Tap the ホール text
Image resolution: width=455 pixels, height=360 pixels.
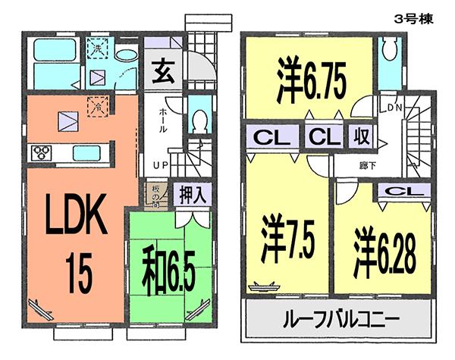(x=164, y=120)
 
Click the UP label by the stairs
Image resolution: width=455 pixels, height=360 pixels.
(x=162, y=164)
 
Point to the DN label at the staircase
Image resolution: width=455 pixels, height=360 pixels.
(x=394, y=107)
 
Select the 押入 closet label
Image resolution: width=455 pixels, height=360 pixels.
(x=193, y=194)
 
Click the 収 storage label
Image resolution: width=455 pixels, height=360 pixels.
(x=358, y=139)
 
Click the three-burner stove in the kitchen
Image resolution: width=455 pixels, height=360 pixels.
(x=41, y=152)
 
